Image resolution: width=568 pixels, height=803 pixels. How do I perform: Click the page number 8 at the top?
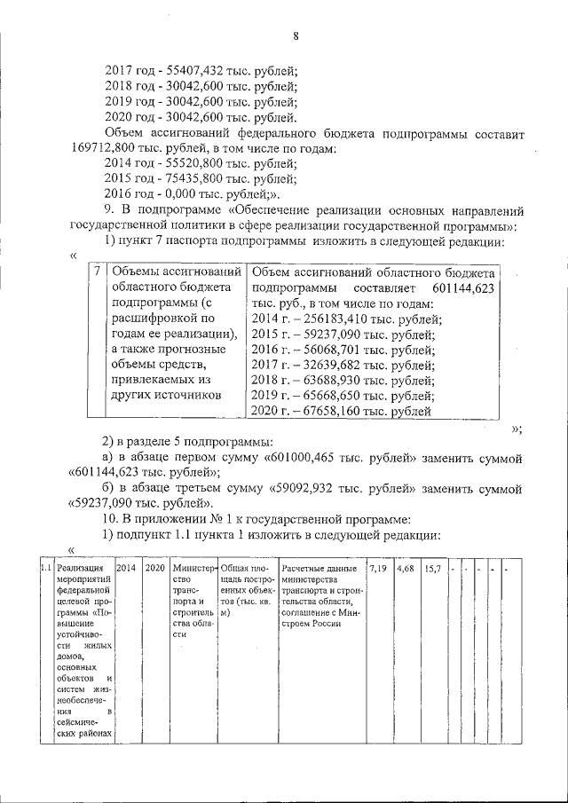[x=296, y=35]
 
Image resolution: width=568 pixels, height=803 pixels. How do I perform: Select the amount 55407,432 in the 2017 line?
[x=192, y=70]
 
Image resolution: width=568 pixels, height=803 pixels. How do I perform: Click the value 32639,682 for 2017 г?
[x=338, y=365]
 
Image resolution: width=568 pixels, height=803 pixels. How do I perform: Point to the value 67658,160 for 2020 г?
[x=338, y=411]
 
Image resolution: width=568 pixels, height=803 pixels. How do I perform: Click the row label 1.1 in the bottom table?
[x=44, y=569]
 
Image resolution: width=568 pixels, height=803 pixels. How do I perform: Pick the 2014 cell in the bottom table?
[x=126, y=569]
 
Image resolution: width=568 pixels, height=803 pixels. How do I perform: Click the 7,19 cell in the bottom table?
[x=379, y=568]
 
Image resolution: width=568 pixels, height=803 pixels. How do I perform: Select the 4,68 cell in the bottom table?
[x=406, y=568]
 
